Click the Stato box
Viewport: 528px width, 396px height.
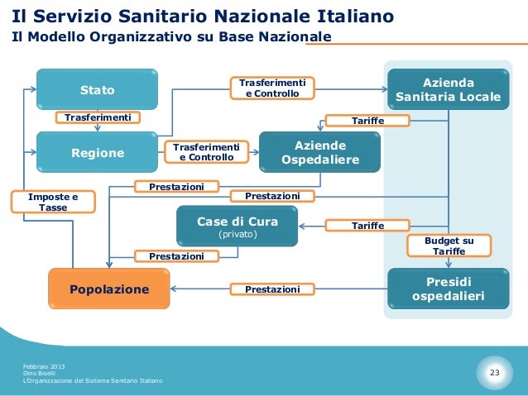click(x=97, y=89)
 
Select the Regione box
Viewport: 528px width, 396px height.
click(x=97, y=152)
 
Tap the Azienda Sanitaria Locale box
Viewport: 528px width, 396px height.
click(x=448, y=89)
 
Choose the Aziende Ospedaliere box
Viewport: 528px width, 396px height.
click(x=320, y=152)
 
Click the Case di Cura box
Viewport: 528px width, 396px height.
click(x=237, y=227)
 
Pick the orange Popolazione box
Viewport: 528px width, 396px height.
click(x=109, y=289)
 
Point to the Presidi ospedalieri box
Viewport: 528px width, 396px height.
click(x=448, y=289)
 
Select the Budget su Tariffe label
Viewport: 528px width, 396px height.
click(x=449, y=246)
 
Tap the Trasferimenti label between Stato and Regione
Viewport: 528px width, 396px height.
click(x=98, y=117)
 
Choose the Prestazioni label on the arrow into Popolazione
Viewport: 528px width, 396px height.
click(x=272, y=289)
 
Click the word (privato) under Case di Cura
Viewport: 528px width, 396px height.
click(x=237, y=235)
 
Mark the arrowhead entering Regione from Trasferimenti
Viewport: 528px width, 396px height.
click(x=98, y=129)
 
